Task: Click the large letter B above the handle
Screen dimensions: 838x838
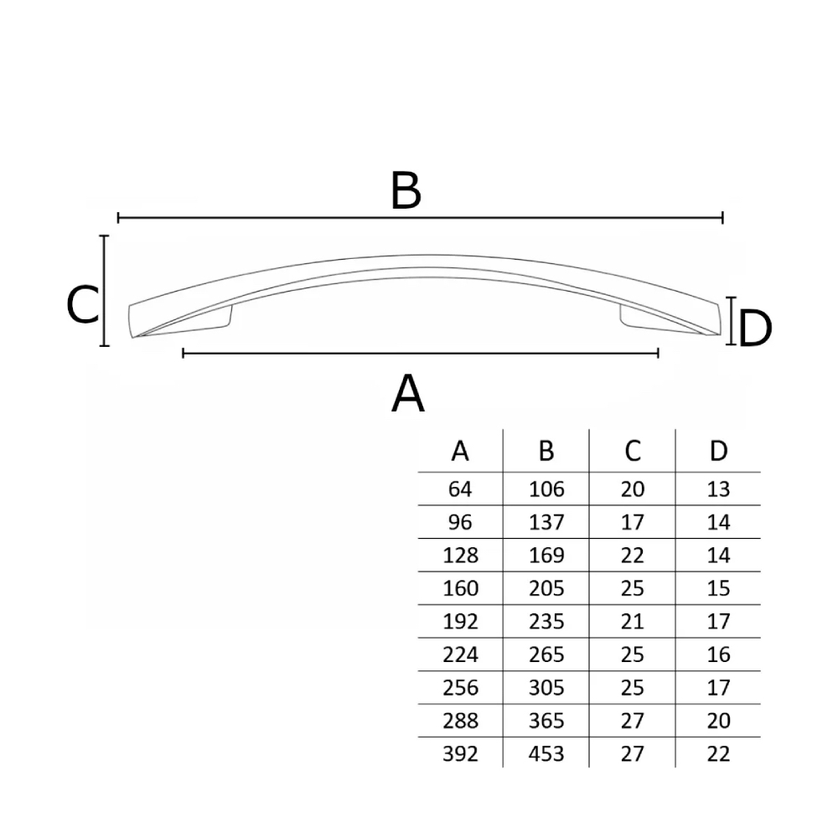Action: (406, 191)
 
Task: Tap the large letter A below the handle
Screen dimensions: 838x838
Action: (408, 393)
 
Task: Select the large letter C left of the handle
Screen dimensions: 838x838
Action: (83, 305)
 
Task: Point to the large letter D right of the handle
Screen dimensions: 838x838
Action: (755, 328)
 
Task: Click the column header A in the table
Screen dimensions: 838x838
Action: (460, 451)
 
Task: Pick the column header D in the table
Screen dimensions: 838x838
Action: (718, 451)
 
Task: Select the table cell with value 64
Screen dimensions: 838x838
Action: (460, 489)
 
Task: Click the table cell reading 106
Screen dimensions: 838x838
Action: (546, 489)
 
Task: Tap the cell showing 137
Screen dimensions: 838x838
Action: (546, 522)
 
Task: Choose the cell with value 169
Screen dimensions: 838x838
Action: (546, 556)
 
